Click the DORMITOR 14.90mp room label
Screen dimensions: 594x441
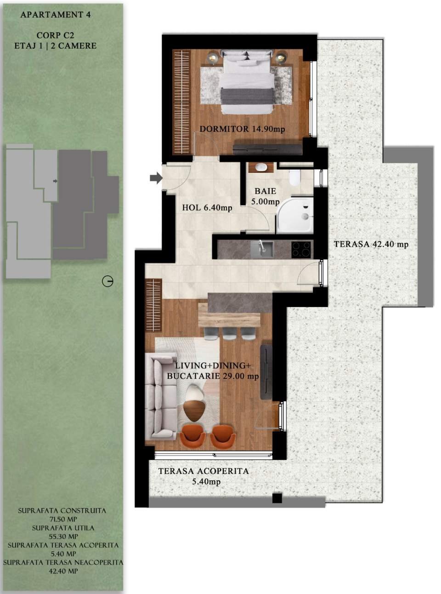242,129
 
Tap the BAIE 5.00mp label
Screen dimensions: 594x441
265,196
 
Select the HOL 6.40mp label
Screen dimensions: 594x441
207,208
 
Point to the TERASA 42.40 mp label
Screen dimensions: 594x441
371,244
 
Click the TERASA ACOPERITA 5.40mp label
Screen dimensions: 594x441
204,476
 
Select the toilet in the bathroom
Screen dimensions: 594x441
294,177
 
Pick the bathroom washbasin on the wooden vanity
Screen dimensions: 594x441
261,167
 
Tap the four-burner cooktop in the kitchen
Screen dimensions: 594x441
301,249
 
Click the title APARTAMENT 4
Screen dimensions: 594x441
56,15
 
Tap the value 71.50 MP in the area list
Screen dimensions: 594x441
62,519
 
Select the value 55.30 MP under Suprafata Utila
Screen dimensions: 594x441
63,537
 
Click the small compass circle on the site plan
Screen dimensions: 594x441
107,281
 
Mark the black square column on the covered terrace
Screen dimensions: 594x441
277,498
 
